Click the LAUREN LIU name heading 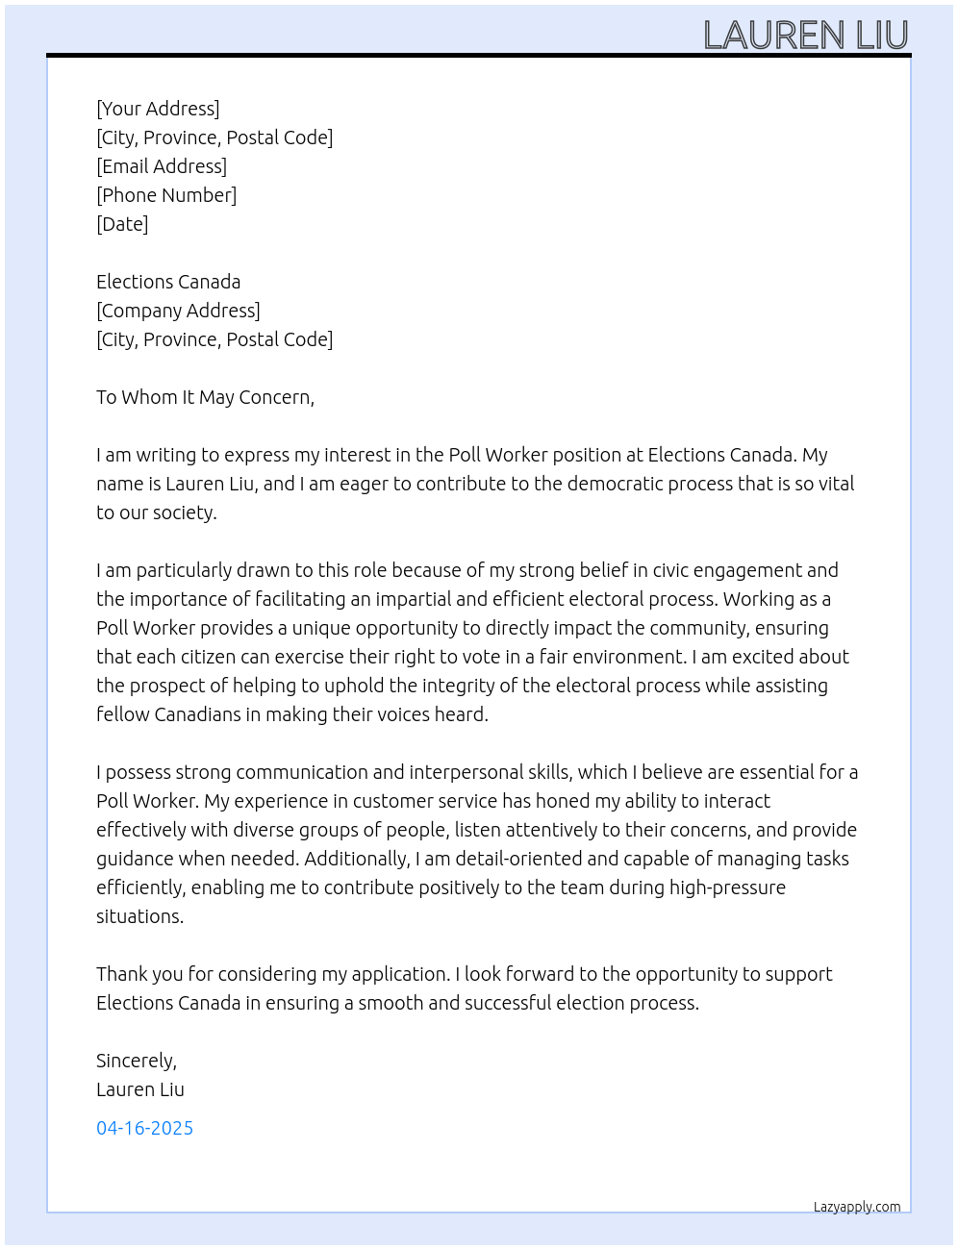[x=805, y=36]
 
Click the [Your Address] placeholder [x=158, y=109]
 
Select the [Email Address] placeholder [x=162, y=166]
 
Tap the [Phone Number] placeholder [x=166, y=195]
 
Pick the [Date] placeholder [x=122, y=224]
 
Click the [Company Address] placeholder [x=178, y=311]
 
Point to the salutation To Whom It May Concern [x=205, y=397]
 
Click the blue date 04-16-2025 [x=144, y=1128]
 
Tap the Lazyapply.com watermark [x=857, y=1207]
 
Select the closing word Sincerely [x=136, y=1061]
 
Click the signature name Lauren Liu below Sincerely [x=140, y=1089]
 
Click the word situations [x=139, y=916]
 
